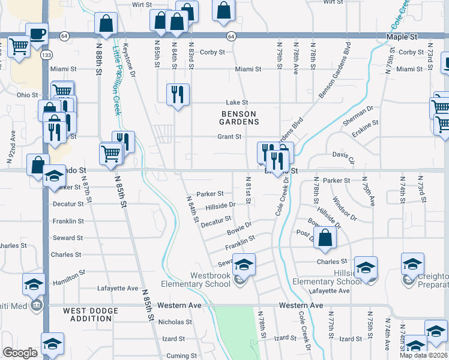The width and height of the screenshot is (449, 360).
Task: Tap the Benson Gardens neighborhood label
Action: click(x=239, y=118)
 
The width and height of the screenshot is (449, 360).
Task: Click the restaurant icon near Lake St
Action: click(x=178, y=94)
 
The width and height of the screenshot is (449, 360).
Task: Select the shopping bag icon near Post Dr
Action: click(x=325, y=238)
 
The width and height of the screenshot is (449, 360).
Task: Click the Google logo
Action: click(x=20, y=353)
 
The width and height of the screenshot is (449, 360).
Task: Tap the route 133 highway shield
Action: click(x=46, y=55)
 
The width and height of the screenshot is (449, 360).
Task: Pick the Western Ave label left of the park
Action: click(x=179, y=305)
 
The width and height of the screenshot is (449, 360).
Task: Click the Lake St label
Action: click(x=237, y=103)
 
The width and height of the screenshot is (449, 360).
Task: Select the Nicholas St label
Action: click(x=175, y=322)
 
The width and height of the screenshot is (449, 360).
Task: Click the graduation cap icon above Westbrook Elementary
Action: click(x=244, y=263)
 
